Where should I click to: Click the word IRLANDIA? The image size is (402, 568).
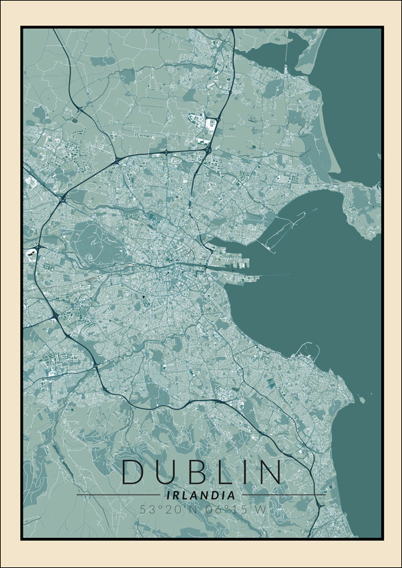(201, 496)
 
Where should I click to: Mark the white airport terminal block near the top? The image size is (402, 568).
(212, 123)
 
